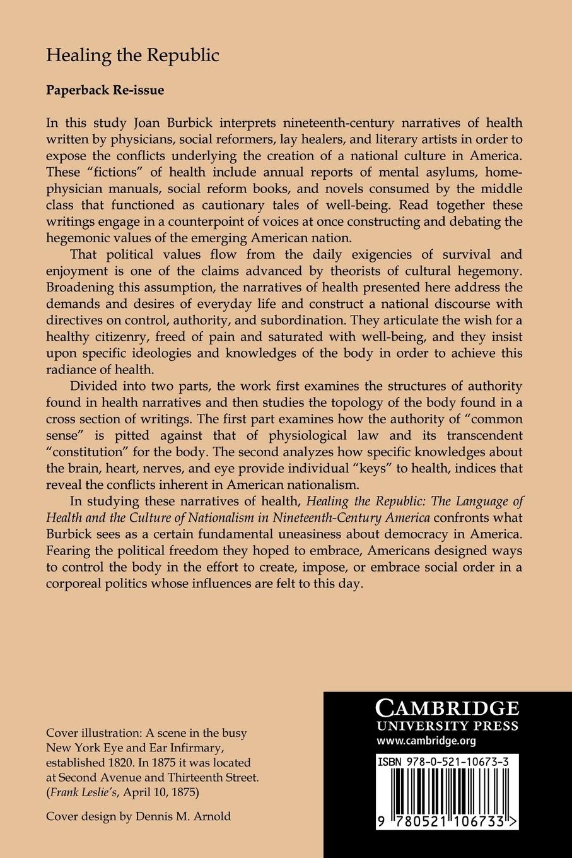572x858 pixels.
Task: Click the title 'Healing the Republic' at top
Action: (x=132, y=56)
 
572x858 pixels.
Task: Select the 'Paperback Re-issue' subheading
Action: (x=105, y=90)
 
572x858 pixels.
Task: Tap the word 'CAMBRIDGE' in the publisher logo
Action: (x=447, y=705)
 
